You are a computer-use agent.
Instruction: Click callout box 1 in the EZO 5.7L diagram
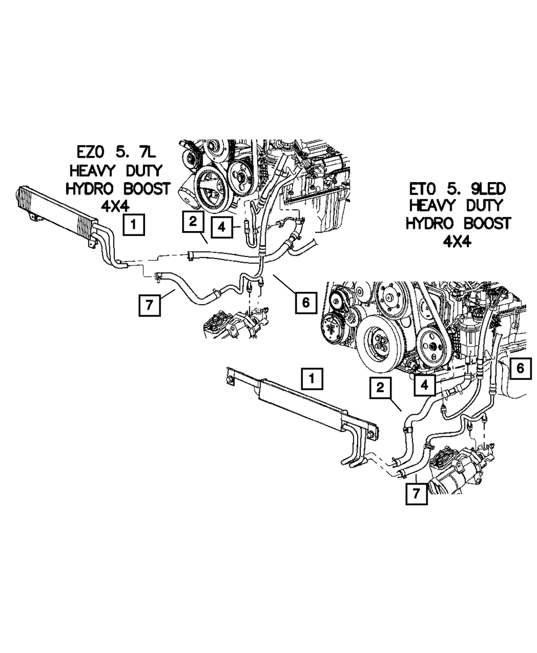[133, 225]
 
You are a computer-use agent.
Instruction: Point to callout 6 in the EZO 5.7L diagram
[305, 303]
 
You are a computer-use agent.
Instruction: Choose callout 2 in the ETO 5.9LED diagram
[380, 389]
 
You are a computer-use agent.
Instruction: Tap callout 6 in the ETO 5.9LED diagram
[520, 369]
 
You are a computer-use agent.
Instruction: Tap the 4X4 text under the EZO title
[117, 206]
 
